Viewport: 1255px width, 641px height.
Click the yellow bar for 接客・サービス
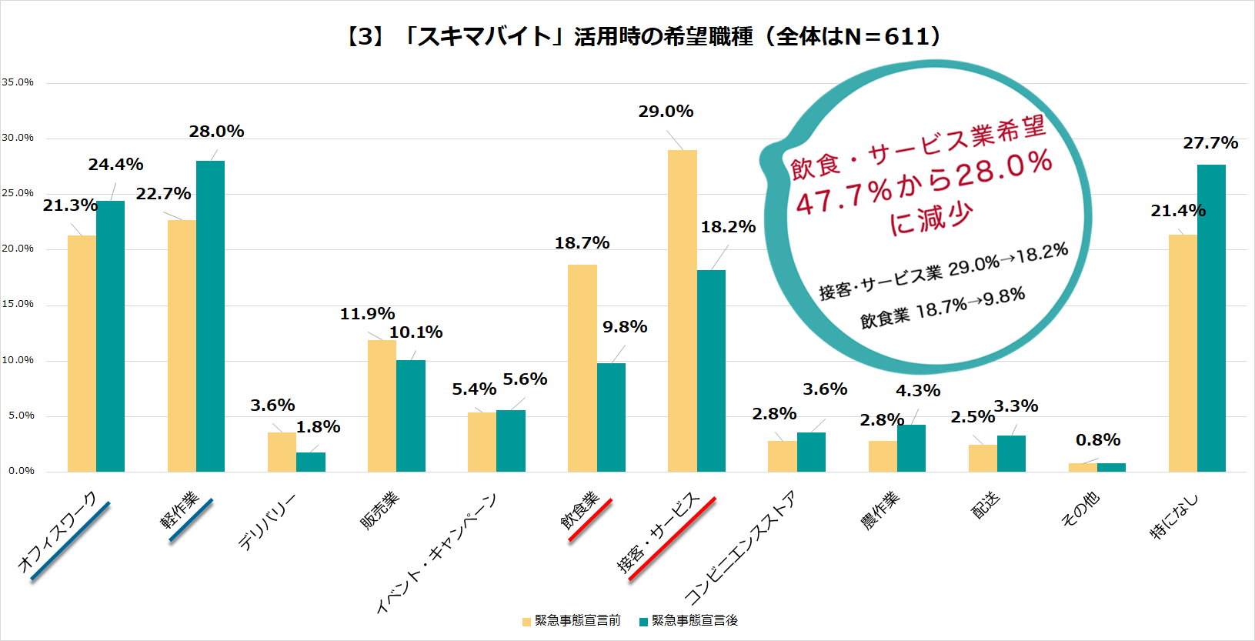682,311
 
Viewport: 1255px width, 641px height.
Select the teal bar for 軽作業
210,316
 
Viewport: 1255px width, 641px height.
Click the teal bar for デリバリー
311,462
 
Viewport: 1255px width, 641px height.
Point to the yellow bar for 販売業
382,406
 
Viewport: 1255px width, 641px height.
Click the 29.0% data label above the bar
666,112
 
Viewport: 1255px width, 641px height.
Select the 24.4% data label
115,165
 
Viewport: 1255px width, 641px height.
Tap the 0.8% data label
1098,440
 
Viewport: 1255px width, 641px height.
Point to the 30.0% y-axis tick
18,138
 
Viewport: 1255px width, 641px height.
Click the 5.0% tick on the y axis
21,416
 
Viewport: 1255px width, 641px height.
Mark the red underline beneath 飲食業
590,520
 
